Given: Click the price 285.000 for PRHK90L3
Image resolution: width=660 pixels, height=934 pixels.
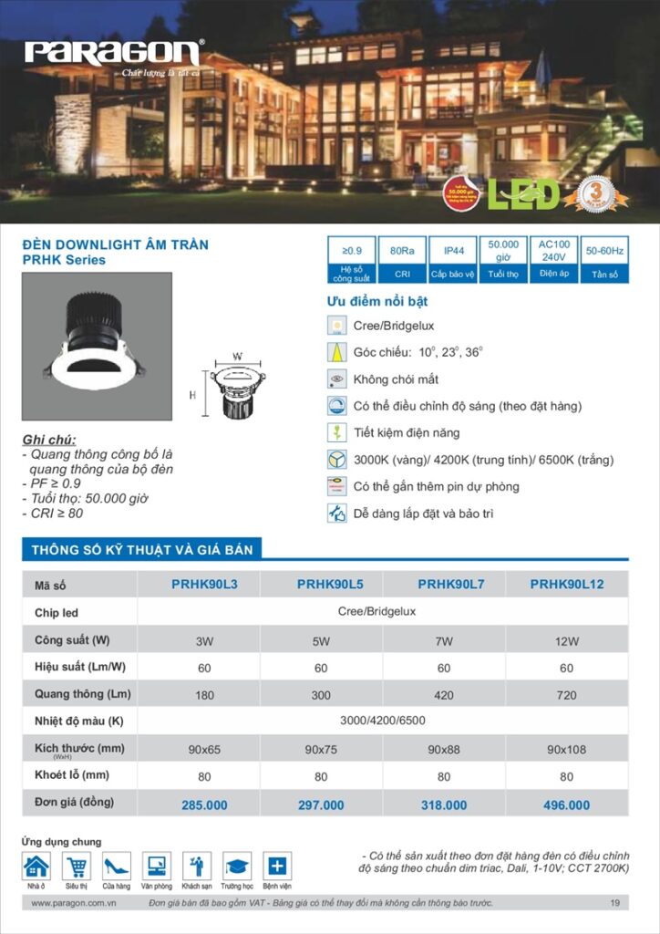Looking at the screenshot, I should [204, 805].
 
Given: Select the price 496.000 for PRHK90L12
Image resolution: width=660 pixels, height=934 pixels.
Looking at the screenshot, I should [566, 805].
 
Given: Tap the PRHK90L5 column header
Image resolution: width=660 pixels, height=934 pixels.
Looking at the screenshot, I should [322, 585].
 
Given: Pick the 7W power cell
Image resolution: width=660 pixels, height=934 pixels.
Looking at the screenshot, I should [444, 641].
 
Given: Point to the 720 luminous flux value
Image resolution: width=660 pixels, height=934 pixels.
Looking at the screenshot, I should [566, 695].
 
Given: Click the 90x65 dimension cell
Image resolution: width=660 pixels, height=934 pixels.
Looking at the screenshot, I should [204, 750].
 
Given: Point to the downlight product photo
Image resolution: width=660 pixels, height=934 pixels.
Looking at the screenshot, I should [97, 347].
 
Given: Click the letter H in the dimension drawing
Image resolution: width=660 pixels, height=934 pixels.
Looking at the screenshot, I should [192, 396].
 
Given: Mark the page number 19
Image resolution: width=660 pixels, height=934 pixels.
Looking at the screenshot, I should [615, 903].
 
